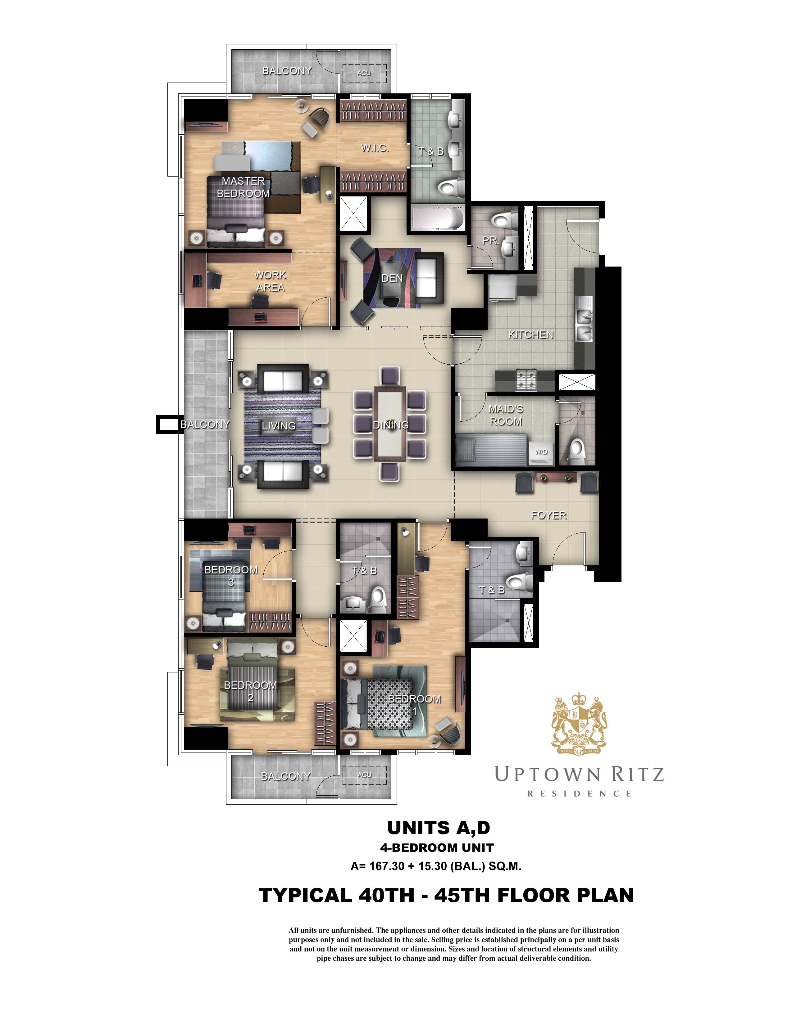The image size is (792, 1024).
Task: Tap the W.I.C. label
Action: (x=375, y=148)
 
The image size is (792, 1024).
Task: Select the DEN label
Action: (x=392, y=278)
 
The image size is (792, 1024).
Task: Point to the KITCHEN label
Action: (x=531, y=334)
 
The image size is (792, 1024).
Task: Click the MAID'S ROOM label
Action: (x=506, y=415)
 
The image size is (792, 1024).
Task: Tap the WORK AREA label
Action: (x=270, y=281)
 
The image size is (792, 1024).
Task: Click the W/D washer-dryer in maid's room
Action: (x=541, y=452)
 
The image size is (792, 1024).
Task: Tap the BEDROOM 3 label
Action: (x=231, y=576)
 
